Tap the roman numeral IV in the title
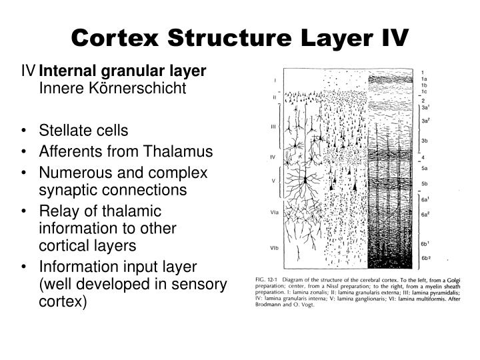coord(391,37)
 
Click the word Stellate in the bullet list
coord(67,130)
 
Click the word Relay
coord(58,211)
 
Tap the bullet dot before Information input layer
coord(25,267)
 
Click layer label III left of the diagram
coord(273,125)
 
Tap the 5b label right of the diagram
coord(425,182)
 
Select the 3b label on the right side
coord(425,141)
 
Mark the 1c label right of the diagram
coord(424,91)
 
